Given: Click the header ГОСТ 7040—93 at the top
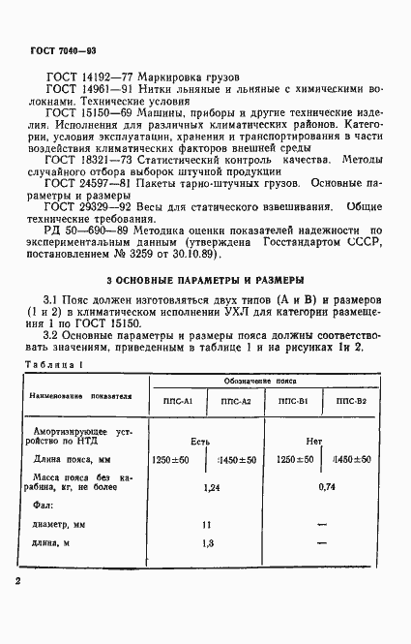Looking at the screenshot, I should [x=56, y=47].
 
